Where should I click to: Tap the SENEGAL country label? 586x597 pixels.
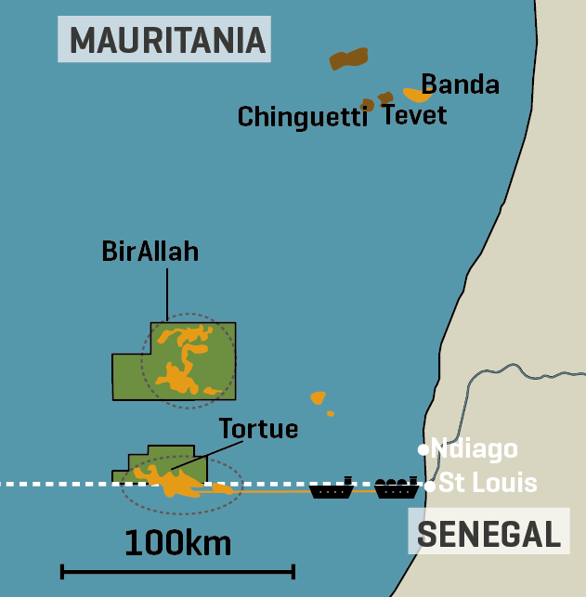point(489,534)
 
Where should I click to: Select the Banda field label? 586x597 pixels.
point(461,84)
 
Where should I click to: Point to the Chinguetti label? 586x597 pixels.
point(303,117)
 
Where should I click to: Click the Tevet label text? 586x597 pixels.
point(414,115)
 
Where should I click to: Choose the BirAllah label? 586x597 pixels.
point(150,252)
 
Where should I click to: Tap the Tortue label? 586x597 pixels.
point(258,429)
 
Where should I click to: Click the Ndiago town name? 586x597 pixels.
point(475,450)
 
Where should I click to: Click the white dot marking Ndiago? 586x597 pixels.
point(423,450)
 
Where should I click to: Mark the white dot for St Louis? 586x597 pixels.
point(429,485)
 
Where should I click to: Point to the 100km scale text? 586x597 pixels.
point(177,541)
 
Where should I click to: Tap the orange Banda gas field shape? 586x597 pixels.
point(416,95)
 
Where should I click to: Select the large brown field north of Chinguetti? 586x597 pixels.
point(348,59)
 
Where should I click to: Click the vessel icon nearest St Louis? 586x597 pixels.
point(396,488)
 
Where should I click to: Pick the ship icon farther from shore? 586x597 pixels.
point(332,488)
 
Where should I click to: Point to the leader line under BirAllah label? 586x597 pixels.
point(167,295)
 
